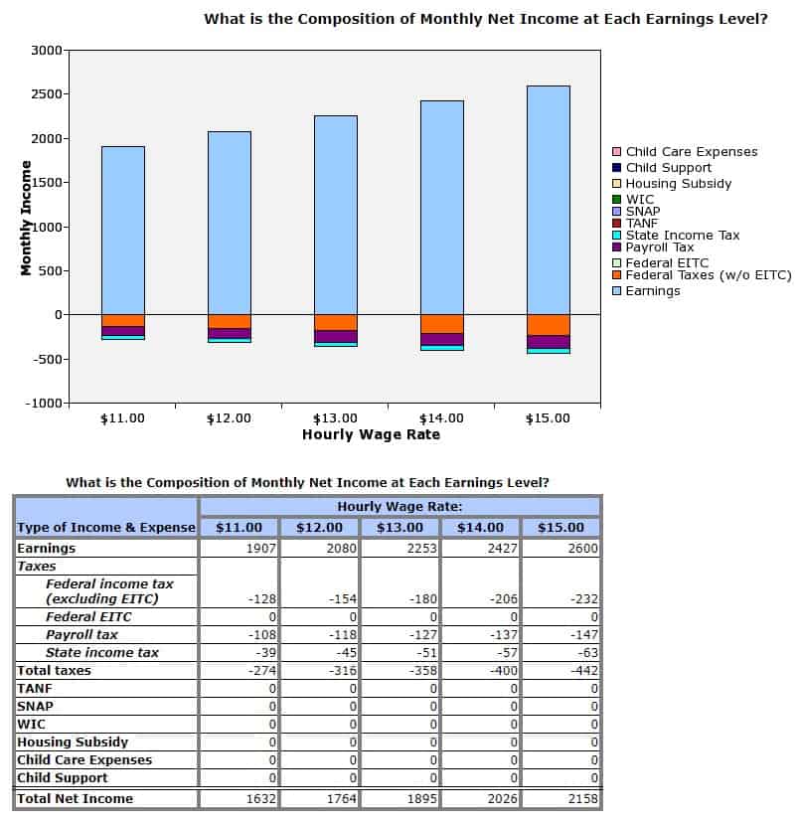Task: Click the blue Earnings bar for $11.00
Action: [x=123, y=231]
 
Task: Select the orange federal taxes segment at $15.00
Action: [x=549, y=325]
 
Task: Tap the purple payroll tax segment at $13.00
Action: [x=336, y=336]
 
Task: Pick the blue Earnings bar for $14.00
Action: [x=442, y=208]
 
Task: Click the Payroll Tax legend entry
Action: [x=653, y=247]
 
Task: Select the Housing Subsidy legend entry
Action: [x=672, y=184]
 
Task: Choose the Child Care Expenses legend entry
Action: [x=685, y=151]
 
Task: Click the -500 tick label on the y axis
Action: [x=47, y=360]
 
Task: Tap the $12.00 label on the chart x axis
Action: [x=229, y=418]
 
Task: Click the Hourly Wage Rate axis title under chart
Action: [x=371, y=434]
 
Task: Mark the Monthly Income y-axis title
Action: [x=26, y=218]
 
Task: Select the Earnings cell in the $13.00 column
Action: [x=400, y=549]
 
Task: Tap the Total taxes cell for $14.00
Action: [x=480, y=670]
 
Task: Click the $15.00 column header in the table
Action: [x=560, y=527]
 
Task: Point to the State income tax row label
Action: [x=102, y=652]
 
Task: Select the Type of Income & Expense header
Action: [x=106, y=527]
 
